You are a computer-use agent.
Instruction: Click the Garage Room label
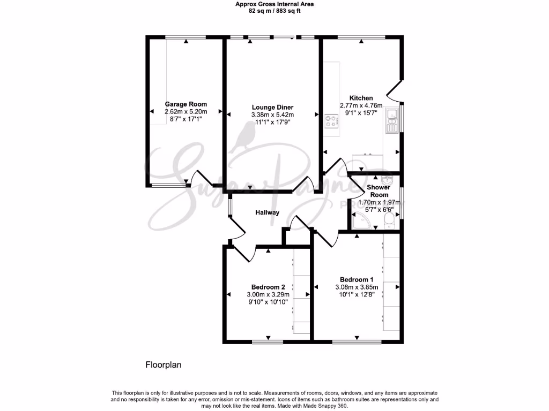pos(186,104)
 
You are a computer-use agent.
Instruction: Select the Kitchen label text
pos(361,98)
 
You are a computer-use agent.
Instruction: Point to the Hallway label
pos(267,212)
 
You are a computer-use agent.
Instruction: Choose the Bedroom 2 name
pos(268,286)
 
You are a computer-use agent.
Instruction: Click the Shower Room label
pos(377,191)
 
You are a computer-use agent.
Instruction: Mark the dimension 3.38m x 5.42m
pos(272,115)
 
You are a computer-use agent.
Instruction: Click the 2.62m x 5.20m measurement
pos(186,112)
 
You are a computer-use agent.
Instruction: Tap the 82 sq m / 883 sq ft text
pos(274,11)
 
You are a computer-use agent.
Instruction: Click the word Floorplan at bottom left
pos(164,366)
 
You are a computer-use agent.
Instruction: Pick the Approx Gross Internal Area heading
pos(274,4)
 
